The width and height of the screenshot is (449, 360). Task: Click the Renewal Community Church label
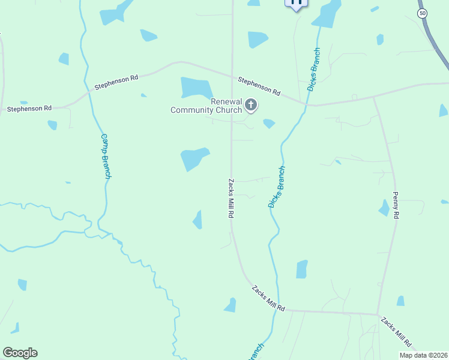click(206, 106)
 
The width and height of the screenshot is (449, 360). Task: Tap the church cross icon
click(251, 106)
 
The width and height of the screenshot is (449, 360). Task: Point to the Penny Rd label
click(395, 205)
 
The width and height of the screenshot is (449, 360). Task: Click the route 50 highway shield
click(423, 13)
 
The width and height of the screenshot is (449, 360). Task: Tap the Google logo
click(20, 353)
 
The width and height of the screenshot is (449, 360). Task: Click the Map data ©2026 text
click(423, 355)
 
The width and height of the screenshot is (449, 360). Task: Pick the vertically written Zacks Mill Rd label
click(230, 197)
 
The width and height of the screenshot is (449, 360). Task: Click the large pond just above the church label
click(196, 88)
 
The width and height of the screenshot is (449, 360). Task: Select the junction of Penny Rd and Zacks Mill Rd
click(378, 314)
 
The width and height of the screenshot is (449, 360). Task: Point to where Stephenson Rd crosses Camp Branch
click(90, 91)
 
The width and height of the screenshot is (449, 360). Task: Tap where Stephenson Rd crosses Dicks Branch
click(308, 104)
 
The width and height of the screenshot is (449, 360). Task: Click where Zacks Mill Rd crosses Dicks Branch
click(276, 310)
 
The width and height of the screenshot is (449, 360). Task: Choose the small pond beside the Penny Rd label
click(384, 208)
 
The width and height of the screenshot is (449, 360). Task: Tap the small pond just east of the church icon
click(269, 124)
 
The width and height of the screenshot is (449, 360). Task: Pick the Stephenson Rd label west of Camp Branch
click(29, 109)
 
